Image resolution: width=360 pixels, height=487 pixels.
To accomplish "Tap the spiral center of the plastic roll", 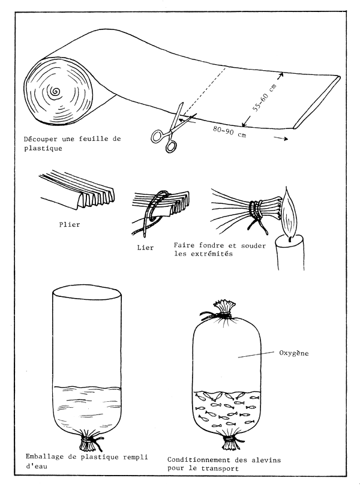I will point(56,92).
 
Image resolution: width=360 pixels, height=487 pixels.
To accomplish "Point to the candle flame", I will point(289,217).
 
